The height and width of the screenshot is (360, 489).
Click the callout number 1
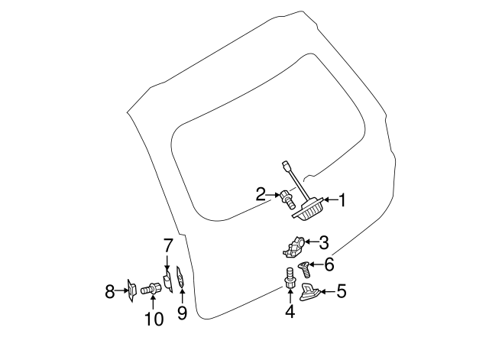pos(342,201)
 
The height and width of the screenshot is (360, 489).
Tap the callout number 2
pos(261,195)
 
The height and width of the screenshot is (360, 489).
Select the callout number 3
pos(324,243)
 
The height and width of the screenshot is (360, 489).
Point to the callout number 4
pos(290,311)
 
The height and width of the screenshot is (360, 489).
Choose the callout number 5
pos(342,290)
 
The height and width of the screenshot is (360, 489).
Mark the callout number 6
pos(329,264)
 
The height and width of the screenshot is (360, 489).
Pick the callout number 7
pos(168,245)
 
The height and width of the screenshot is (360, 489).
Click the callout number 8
pos(109,290)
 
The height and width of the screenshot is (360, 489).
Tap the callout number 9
pos(182,312)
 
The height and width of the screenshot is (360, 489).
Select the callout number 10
pos(154,319)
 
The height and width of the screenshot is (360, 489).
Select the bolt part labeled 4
pos(290,277)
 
